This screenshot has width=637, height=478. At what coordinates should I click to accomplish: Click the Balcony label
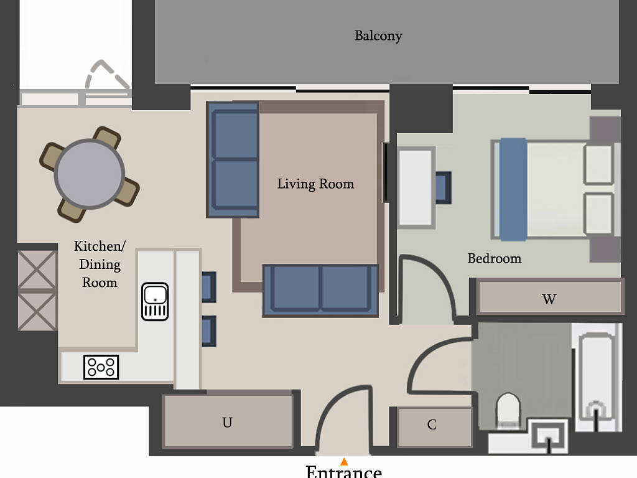click(378, 36)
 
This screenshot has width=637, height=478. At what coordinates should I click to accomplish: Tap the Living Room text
click(315, 184)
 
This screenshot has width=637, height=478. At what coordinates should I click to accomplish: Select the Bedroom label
click(495, 258)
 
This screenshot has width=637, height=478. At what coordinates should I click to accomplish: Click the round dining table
click(90, 174)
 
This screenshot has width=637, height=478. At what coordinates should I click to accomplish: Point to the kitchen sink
click(155, 301)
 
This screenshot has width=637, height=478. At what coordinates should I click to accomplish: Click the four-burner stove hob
click(101, 367)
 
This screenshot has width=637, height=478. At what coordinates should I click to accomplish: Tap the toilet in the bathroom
click(508, 409)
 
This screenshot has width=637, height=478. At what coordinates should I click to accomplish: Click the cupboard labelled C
click(433, 427)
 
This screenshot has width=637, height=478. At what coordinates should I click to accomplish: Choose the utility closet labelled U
click(228, 421)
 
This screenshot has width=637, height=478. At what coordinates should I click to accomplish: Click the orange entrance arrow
click(344, 461)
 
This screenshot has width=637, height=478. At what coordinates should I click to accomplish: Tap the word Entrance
click(343, 472)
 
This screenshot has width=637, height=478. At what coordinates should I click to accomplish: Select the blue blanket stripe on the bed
click(513, 190)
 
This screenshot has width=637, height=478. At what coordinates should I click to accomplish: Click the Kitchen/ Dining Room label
click(100, 264)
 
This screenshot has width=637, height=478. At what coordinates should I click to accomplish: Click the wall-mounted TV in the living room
click(386, 172)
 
